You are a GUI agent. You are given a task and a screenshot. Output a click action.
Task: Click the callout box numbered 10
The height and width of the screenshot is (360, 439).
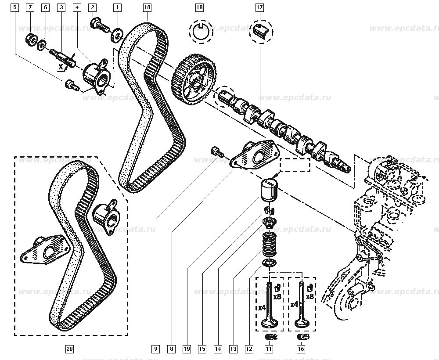tap(147, 7)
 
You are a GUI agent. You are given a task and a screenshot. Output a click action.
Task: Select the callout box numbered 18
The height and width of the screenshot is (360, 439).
tap(200, 7)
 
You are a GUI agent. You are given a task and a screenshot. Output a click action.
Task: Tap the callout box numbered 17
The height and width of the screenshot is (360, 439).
tap(259, 7)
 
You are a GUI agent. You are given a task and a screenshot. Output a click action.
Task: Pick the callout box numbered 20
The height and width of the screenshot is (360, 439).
tap(70, 349)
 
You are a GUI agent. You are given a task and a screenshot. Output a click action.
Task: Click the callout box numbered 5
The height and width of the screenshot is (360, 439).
tap(15, 7)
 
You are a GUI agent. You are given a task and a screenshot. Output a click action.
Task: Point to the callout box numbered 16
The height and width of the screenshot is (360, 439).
tap(301, 349)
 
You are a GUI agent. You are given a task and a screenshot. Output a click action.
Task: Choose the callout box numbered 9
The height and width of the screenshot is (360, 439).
tap(155, 349)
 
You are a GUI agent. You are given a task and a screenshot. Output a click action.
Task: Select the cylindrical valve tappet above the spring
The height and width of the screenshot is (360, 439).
tap(270, 189)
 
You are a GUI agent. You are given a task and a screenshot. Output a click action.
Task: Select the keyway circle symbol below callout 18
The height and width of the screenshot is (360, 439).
tap(200, 32)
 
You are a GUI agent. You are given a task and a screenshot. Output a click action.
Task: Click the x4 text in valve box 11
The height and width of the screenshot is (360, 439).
tap(262, 307)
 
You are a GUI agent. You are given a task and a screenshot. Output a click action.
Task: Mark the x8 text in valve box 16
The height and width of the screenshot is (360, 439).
tap(310, 297)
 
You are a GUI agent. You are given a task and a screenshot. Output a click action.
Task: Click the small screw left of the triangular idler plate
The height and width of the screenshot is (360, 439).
tap(217, 151)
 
